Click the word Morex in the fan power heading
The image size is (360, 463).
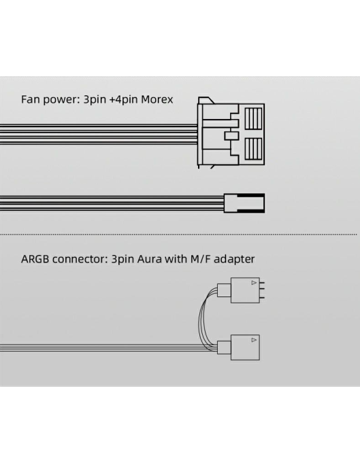(157, 99)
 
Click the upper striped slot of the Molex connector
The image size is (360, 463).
(253, 118)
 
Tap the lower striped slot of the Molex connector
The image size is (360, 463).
(253, 149)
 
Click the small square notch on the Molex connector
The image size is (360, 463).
(231, 136)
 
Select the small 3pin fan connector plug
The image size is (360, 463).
(244, 203)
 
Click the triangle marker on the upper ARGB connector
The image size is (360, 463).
(254, 283)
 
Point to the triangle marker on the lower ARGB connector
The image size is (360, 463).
(254, 340)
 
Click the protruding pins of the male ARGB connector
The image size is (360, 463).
(262, 290)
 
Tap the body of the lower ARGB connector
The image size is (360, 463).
(245, 347)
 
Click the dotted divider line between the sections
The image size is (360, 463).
(178, 235)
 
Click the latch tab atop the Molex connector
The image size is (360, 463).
(206, 101)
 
